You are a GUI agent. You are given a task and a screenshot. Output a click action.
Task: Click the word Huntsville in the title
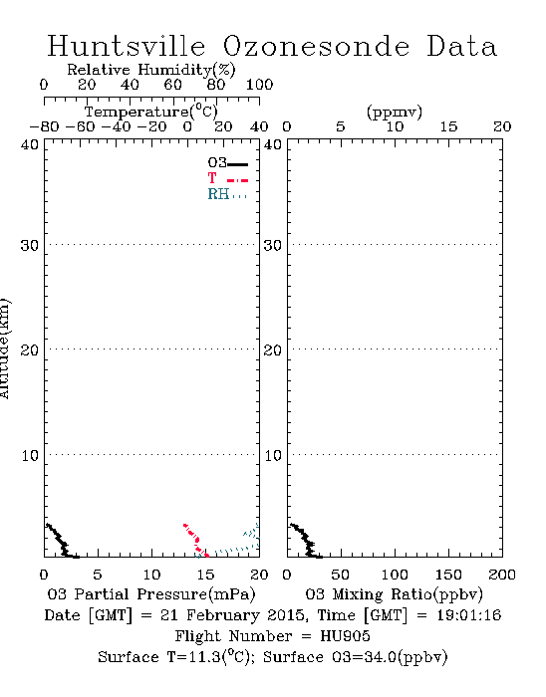(x=127, y=46)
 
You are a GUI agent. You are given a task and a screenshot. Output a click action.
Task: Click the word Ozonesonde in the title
(x=316, y=46)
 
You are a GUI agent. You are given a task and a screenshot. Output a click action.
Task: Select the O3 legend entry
(x=227, y=163)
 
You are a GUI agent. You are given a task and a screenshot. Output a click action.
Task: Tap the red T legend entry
(x=227, y=178)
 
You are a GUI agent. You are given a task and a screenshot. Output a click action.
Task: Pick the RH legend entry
(x=227, y=194)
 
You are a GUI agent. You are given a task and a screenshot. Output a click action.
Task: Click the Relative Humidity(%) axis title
(x=151, y=70)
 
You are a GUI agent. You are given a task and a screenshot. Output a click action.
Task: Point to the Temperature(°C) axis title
(x=151, y=112)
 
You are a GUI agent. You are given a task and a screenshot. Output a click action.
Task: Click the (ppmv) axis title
(x=395, y=112)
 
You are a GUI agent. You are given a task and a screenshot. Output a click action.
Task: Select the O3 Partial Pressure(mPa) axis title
(x=151, y=594)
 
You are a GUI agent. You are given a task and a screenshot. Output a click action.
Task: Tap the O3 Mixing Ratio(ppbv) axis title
(x=394, y=594)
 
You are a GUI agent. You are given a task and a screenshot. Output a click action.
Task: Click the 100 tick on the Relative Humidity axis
(x=259, y=85)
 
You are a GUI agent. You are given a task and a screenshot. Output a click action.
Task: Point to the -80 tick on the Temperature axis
(x=44, y=126)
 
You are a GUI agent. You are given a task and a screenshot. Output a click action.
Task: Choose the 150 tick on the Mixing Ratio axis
(x=448, y=575)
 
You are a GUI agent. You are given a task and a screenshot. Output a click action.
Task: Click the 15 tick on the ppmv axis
(x=448, y=126)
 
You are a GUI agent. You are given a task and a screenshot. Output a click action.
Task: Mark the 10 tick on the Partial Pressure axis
(x=151, y=575)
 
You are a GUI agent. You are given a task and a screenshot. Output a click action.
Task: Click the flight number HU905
(x=345, y=636)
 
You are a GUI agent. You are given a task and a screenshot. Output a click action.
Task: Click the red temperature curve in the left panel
(x=195, y=540)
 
